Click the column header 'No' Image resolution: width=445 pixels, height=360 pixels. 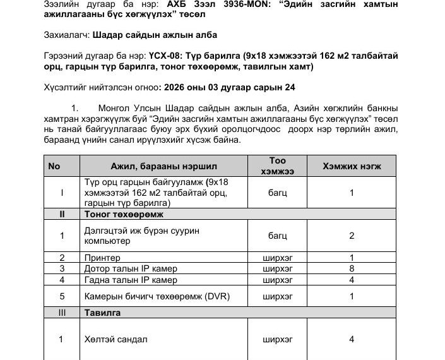54,166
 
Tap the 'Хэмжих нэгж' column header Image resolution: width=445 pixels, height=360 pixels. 352,166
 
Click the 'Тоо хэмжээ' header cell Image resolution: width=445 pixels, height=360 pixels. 278,166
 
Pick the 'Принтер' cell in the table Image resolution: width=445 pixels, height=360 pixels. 102,258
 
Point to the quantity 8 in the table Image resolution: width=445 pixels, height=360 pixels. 352,269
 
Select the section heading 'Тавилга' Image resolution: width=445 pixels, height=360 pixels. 102,313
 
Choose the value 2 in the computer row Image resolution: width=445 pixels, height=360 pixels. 352,236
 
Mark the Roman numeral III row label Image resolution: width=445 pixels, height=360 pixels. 61,313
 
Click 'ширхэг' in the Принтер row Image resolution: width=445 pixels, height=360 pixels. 278,258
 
